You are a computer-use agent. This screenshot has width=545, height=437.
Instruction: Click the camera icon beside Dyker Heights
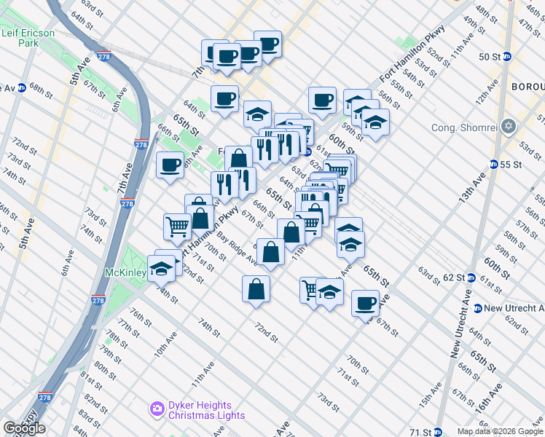point(157,409)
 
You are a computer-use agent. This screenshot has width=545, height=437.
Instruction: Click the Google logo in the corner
point(24,428)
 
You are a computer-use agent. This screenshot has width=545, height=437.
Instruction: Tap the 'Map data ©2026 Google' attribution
point(500,431)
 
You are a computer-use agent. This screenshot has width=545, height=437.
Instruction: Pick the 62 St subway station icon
point(471,277)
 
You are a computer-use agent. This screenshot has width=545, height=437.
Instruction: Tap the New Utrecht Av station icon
point(477,308)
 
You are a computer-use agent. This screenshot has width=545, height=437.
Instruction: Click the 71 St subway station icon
point(438,432)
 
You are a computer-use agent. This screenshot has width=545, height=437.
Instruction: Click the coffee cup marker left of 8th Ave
point(170,164)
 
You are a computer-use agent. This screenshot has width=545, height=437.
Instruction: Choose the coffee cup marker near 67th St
point(365,302)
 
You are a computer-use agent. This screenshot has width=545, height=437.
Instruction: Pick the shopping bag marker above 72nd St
point(256,288)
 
